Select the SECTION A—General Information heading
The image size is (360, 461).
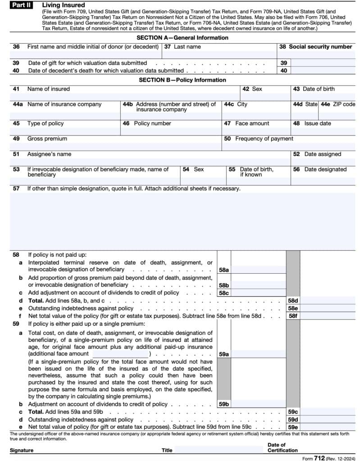182,38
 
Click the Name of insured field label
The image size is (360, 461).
48,89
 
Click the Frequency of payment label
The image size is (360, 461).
264,139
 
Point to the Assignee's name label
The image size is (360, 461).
49,154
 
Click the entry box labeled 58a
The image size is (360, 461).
258,270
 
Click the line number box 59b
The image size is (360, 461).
224,404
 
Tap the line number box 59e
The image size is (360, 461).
293,427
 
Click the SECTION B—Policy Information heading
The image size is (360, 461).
182,80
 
